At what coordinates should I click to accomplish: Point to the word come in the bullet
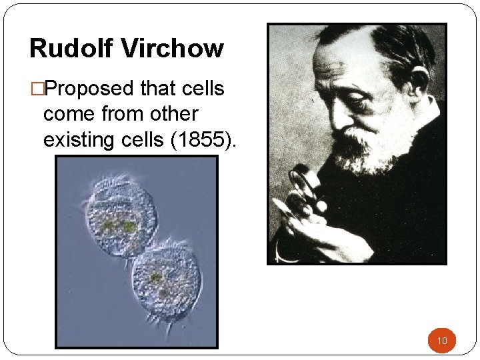click(x=69, y=114)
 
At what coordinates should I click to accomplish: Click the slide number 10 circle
click(x=441, y=341)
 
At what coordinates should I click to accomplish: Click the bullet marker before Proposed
click(x=35, y=88)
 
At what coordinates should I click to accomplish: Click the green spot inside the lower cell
click(x=157, y=277)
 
